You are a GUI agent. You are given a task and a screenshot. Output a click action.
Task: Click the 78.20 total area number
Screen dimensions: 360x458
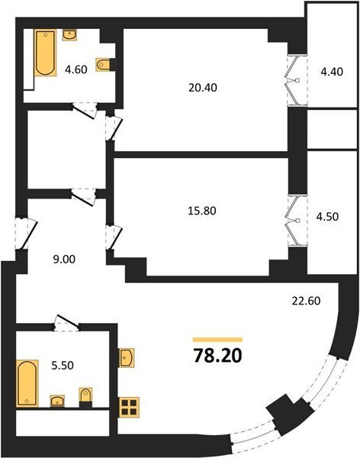[x=218, y=356]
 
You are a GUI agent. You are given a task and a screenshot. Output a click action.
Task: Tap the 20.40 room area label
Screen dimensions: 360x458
[x=203, y=88]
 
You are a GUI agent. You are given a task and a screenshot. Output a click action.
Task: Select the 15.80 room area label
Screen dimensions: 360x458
[x=202, y=211]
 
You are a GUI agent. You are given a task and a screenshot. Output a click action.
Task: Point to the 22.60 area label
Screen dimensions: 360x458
[x=307, y=301]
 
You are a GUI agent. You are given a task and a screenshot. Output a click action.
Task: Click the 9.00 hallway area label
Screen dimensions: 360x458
[x=64, y=259]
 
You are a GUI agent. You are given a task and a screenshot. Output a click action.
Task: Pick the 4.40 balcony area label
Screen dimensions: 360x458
[x=332, y=72]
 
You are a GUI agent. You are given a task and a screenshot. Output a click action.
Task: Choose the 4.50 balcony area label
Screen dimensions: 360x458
[x=327, y=217]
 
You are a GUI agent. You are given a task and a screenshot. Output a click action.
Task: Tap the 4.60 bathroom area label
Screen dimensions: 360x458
[x=76, y=69]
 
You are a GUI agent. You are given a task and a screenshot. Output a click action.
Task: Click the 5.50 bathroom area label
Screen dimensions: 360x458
[x=63, y=366]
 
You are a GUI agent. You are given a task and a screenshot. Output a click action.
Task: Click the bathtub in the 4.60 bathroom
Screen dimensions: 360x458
[x=46, y=53]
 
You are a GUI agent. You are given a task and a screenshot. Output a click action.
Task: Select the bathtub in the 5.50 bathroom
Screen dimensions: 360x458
[x=27, y=383]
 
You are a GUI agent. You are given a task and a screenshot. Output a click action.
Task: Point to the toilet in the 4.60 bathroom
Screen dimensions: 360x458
[x=103, y=64]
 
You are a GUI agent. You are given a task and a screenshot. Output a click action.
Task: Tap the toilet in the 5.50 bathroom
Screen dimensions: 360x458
[x=85, y=395]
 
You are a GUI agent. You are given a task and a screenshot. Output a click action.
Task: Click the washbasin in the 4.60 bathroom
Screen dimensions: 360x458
[x=69, y=34]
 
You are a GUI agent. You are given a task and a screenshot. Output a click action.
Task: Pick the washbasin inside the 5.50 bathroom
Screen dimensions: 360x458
[x=57, y=401]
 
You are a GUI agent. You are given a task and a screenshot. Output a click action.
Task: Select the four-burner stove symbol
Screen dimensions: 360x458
[x=129, y=407]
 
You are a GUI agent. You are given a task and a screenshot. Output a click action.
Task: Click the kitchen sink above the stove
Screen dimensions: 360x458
[x=127, y=357]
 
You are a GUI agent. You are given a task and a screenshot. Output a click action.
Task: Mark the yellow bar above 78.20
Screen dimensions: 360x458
[x=218, y=340]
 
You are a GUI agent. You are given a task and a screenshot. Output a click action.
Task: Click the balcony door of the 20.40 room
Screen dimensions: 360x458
[x=297, y=79]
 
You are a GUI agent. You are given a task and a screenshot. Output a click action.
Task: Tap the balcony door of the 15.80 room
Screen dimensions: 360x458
[x=297, y=221]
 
